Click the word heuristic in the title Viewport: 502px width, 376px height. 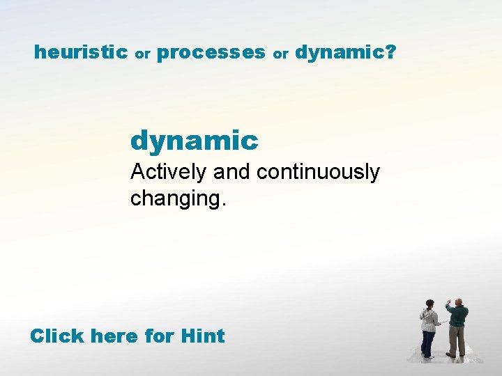point(80,52)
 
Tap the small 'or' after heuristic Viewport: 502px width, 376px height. point(143,54)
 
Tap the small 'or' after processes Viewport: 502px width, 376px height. point(280,54)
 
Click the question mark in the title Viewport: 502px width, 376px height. point(390,52)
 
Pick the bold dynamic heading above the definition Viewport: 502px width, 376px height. point(194,141)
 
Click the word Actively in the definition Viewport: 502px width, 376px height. point(169,173)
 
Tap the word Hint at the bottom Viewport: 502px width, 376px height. point(202,336)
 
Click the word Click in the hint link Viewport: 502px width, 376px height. point(56,336)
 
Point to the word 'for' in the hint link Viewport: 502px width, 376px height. point(160,336)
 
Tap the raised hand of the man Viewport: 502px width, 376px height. point(448,301)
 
